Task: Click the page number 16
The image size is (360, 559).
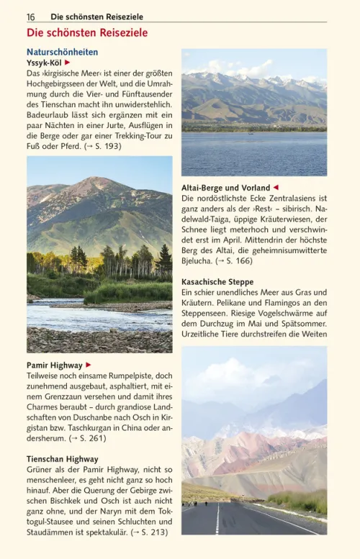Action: click(31, 17)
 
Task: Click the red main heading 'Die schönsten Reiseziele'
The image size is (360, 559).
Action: click(87, 33)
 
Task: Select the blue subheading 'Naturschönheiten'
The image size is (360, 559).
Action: click(62, 53)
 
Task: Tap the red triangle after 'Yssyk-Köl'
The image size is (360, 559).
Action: click(67, 63)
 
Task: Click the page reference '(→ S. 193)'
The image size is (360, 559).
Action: click(102, 146)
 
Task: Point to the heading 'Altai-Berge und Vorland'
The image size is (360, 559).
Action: click(225, 188)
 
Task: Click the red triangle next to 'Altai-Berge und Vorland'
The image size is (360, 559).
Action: click(275, 188)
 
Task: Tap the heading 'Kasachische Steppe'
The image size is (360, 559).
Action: click(217, 282)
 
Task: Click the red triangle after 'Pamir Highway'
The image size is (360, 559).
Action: click(89, 365)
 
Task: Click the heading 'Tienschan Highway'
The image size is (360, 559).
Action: click(63, 459)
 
